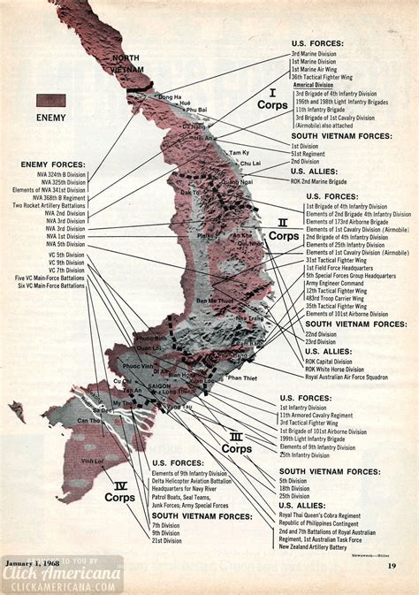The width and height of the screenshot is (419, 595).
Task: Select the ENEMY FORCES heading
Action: [x=55, y=164]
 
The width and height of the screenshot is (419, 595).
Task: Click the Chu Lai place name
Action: [x=250, y=163]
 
